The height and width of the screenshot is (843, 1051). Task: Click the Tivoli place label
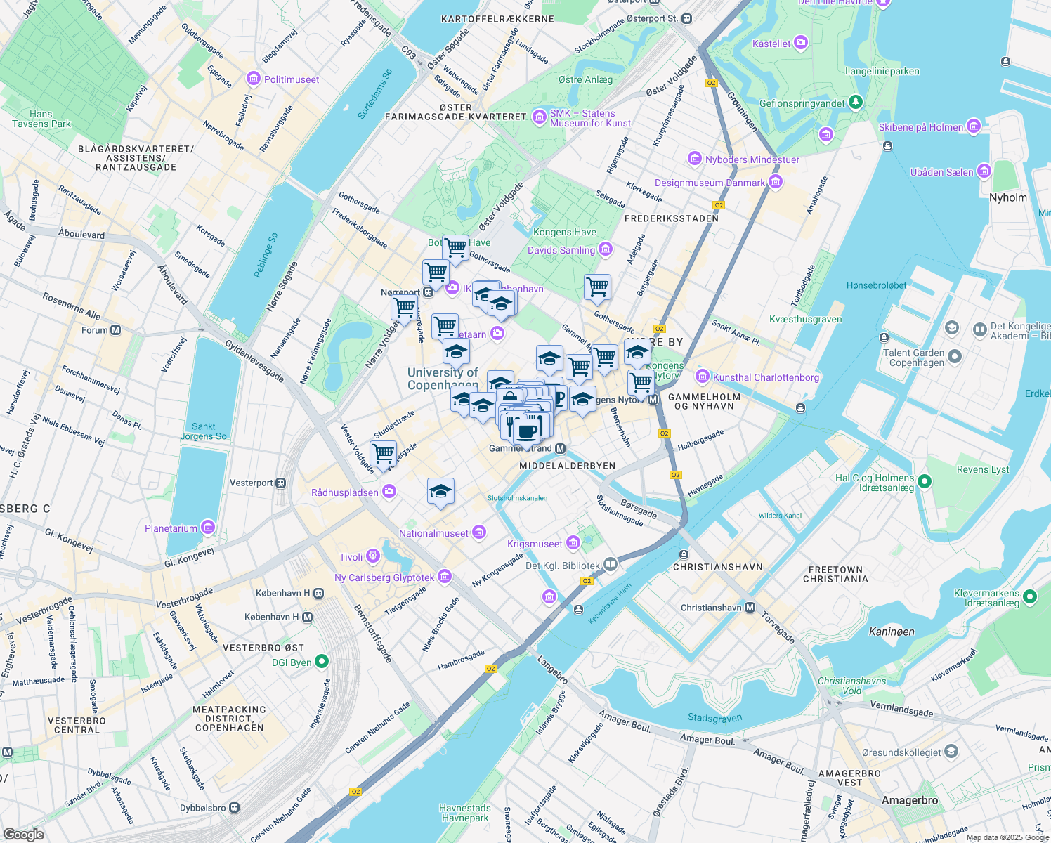(351, 557)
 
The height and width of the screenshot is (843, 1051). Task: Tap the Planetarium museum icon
(207, 528)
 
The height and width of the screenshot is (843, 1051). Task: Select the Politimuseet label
(292, 79)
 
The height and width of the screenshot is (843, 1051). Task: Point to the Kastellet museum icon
(800, 44)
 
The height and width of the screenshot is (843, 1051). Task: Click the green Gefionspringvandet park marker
(855, 103)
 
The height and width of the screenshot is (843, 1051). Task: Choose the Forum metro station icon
(116, 329)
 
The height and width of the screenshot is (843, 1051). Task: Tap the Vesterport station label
(251, 483)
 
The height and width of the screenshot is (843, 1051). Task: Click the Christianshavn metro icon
(750, 608)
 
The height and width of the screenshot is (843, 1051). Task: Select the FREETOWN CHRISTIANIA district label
(835, 575)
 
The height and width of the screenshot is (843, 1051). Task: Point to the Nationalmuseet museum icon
(479, 532)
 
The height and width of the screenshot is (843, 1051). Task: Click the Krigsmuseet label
(535, 544)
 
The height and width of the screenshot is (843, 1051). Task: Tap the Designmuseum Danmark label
(710, 183)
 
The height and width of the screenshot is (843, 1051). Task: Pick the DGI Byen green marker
(322, 661)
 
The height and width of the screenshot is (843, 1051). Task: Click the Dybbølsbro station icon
(234, 808)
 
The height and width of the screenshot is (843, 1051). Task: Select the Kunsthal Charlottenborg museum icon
(702, 377)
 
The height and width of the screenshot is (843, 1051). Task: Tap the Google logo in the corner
(23, 834)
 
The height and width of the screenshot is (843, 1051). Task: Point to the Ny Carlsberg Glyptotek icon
(444, 577)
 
